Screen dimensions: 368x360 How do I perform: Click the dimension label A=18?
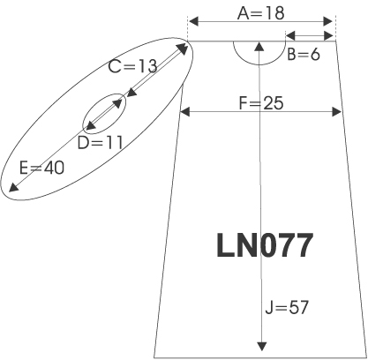point(261,13)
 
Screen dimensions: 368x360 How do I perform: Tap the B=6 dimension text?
point(304,55)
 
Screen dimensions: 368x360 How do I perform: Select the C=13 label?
point(132,66)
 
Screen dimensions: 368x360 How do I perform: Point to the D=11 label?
point(100,143)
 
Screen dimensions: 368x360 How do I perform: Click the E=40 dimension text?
point(41,169)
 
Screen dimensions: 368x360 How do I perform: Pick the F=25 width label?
point(261,103)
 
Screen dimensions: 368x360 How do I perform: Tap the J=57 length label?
point(287,308)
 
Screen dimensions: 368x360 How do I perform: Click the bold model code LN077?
point(265,245)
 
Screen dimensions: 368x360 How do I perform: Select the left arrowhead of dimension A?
point(193,21)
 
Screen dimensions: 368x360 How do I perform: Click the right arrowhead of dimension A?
point(327,21)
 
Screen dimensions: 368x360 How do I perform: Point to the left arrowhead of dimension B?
point(290,36)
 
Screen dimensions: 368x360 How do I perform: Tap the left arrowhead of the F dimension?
point(185,112)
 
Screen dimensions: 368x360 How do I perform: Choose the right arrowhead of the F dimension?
point(336,112)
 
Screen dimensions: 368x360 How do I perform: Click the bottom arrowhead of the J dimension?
point(261,346)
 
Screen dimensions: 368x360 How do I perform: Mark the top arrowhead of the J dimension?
point(259,47)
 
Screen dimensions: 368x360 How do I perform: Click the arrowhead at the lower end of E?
point(13,187)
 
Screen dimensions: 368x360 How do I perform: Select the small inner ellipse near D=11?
point(83,124)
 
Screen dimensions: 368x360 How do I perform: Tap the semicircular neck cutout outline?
point(259,64)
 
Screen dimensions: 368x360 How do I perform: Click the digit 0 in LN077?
point(273,245)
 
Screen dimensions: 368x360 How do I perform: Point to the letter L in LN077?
point(225,245)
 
